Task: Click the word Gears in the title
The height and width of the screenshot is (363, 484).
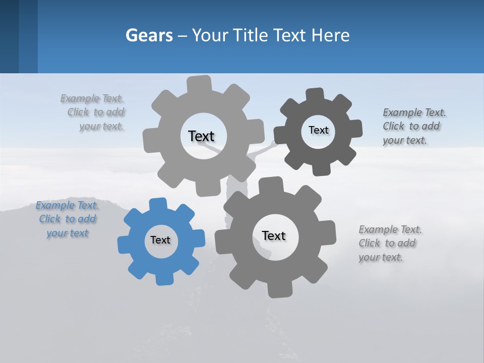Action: (x=149, y=35)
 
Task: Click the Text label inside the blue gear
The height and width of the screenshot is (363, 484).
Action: (x=160, y=240)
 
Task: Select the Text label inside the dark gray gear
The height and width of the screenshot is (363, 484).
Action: (x=318, y=130)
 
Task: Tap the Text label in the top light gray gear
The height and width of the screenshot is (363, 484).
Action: (x=201, y=136)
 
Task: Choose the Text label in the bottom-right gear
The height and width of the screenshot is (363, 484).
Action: (x=274, y=236)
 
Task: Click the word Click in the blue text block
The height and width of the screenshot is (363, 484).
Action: (x=49, y=219)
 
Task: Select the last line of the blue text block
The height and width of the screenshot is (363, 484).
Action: (x=67, y=233)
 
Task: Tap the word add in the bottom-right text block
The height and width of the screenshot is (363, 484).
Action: (x=407, y=243)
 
